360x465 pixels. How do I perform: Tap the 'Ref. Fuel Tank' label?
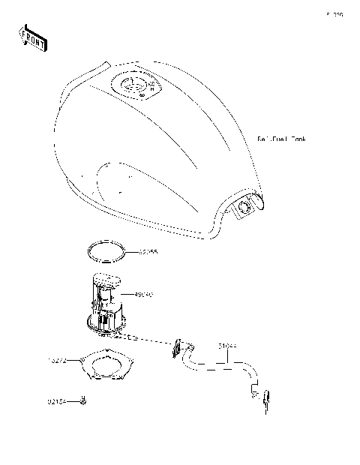(x=282, y=139)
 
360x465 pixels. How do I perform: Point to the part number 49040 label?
(x=144, y=295)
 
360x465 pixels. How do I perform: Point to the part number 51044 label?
(x=228, y=346)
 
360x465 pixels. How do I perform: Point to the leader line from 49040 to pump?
(x=129, y=295)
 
